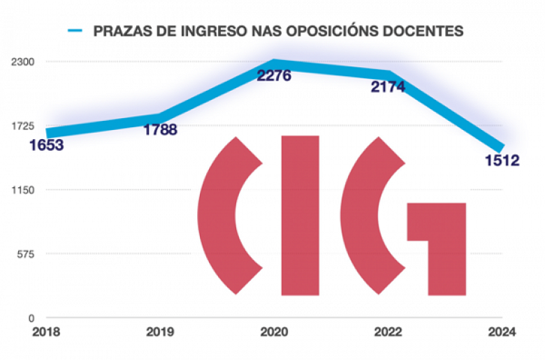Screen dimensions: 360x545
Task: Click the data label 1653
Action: [47, 145]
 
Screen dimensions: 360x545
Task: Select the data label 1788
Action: [160, 129]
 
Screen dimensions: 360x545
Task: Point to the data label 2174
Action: [388, 87]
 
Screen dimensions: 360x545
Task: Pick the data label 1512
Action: [502, 161]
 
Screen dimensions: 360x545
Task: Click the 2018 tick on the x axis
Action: [46, 333]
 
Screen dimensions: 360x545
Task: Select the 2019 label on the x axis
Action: [160, 333]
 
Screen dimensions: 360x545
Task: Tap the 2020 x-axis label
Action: [274, 333]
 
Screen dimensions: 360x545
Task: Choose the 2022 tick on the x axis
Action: [388, 333]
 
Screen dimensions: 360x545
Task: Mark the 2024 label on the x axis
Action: [502, 333]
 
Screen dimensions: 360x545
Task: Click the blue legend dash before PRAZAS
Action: [75, 31]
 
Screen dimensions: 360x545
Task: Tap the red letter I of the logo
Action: [300, 215]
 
